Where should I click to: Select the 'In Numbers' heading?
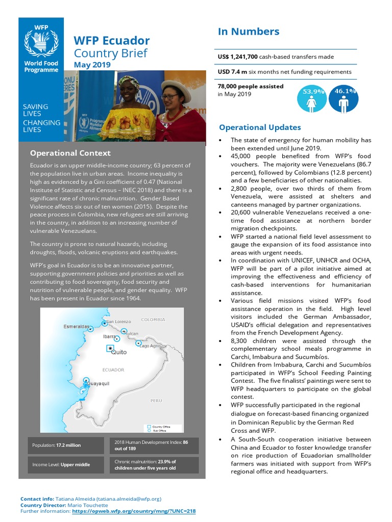coord(249,32)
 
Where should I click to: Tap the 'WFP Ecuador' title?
coord(112,41)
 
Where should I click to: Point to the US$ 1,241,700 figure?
coord(238,57)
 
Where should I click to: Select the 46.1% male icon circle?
coord(343,99)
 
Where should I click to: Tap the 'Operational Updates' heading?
coord(260,127)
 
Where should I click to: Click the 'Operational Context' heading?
coord(70,153)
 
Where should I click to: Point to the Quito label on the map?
coord(119,352)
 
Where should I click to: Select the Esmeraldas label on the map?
coord(77,326)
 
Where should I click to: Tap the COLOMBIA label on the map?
coord(153,320)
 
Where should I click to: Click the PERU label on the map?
coord(156,401)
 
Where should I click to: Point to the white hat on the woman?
coord(176,86)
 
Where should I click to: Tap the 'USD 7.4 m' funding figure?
coord(232,72)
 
